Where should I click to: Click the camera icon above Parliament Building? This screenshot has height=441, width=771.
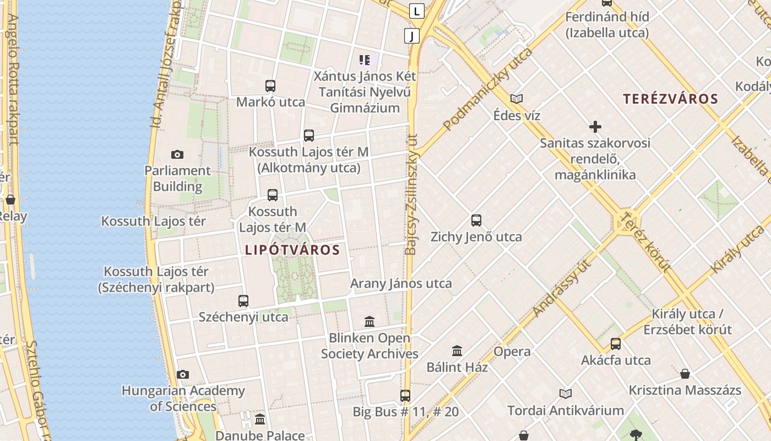click(177, 154)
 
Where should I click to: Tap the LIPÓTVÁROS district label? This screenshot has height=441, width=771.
click(292, 250)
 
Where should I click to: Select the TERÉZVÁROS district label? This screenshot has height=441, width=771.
click(670, 99)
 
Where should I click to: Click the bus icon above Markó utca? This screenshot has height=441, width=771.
click(270, 86)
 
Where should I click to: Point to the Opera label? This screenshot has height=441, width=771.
click(512, 352)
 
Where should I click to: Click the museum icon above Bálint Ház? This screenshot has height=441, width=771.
click(457, 351)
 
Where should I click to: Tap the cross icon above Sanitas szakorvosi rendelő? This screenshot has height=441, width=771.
click(595, 127)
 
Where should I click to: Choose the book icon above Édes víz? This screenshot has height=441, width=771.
click(516, 99)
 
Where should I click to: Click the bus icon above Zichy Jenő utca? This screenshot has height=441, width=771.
click(476, 220)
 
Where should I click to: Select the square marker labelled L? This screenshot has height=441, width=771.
click(417, 10)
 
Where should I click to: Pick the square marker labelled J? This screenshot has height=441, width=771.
click(411, 36)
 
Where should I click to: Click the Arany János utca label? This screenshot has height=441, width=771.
click(401, 283)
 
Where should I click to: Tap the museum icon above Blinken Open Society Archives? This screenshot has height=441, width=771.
click(370, 321)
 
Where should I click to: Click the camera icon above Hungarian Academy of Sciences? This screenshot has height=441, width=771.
click(183, 375)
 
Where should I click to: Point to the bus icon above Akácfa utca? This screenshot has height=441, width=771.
click(616, 344)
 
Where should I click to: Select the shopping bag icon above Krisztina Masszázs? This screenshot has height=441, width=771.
click(685, 374)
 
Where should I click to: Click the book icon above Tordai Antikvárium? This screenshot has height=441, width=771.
click(565, 394)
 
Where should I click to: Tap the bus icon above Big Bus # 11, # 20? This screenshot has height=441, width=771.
click(405, 395)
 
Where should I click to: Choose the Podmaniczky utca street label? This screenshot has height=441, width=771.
click(488, 89)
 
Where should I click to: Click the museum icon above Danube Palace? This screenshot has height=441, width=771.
click(260, 420)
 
